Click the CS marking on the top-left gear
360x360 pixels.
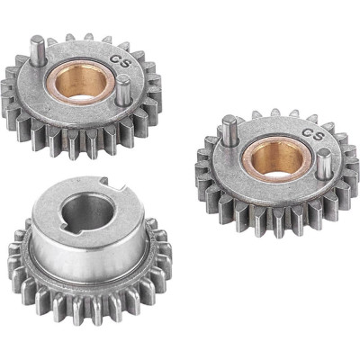coord(121,61)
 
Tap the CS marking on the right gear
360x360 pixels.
coord(314,134)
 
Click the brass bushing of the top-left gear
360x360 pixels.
coord(81,82)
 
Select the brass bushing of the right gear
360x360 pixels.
coord(276,160)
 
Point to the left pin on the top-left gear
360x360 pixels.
coord(38,50)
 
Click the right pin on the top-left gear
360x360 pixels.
coord(123,90)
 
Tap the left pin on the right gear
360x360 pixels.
coord(229,130)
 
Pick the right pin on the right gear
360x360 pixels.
coord(324,164)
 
